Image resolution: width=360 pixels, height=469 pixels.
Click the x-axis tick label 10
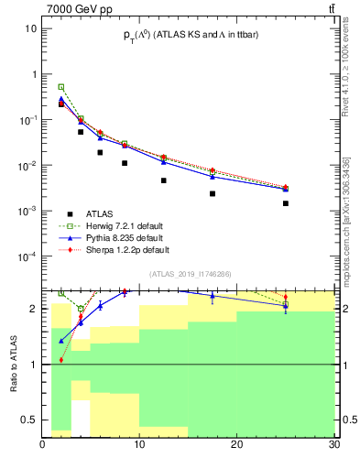tap(139, 446)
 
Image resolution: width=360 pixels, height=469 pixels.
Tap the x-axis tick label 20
tap(236, 446)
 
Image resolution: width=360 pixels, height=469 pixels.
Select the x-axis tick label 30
tap(333, 446)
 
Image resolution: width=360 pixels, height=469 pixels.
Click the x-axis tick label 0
tap(42, 446)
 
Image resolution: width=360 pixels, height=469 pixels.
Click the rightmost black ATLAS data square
tap(286, 203)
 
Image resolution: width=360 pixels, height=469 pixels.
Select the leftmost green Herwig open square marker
tap(61, 87)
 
